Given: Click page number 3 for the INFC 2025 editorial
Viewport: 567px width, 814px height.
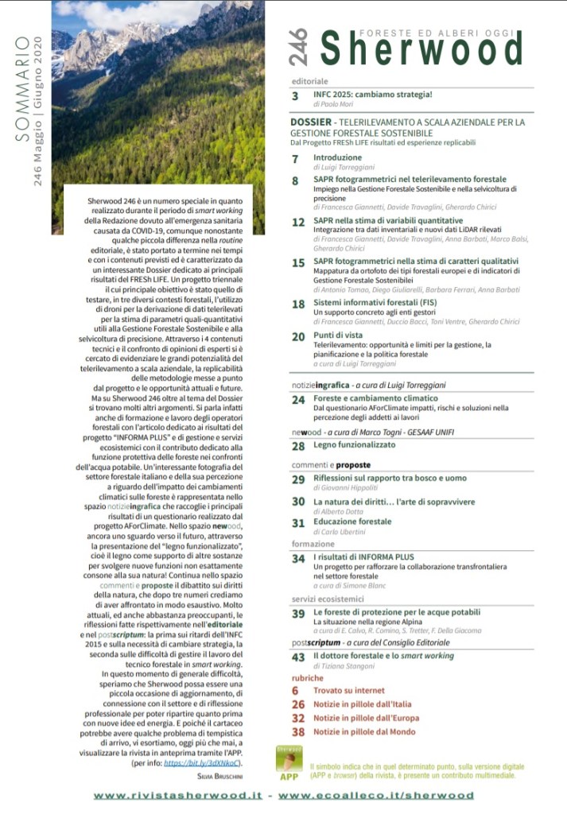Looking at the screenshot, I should pyautogui.click(x=295, y=96).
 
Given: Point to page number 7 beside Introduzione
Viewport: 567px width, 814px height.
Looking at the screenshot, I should pyautogui.click(x=295, y=158).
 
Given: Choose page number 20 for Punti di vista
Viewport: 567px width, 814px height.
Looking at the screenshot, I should pyautogui.click(x=298, y=337).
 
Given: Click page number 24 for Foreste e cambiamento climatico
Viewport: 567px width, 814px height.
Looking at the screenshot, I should pyautogui.click(x=298, y=400).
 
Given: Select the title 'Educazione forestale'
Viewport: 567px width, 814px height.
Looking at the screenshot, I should pyautogui.click(x=352, y=522).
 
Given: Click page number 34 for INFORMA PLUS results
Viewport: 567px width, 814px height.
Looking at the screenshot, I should pyautogui.click(x=298, y=559).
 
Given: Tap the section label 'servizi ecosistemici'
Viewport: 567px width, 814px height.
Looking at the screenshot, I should pyautogui.click(x=329, y=599).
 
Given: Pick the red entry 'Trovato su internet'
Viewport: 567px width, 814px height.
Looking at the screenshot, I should pyautogui.click(x=348, y=691).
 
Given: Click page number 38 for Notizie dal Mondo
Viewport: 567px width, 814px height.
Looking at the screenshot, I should pyautogui.click(x=298, y=732).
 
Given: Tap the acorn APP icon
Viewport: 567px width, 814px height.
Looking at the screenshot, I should pyautogui.click(x=289, y=762).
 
